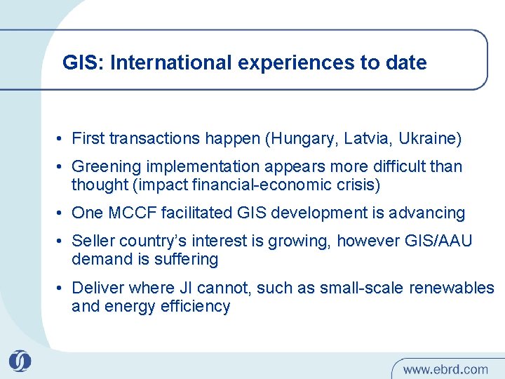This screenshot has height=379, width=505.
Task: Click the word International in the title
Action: (x=170, y=63)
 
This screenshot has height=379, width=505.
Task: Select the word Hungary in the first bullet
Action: (x=303, y=139)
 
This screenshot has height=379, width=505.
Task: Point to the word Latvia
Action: (x=365, y=139)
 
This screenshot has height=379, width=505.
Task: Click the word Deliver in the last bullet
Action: (x=97, y=288)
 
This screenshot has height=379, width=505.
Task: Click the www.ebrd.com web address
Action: (x=445, y=368)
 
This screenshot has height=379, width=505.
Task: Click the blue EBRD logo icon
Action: (x=20, y=361)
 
